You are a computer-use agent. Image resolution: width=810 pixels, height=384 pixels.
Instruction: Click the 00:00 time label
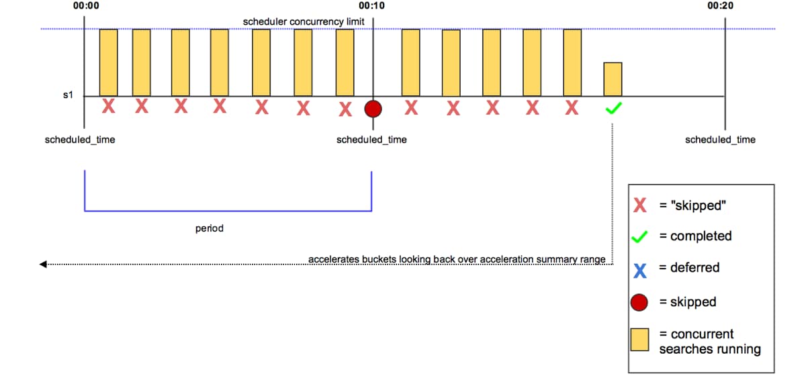point(85,5)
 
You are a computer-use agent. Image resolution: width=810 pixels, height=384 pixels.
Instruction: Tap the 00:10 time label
point(372,5)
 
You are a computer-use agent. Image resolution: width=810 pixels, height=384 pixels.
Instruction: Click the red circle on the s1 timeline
point(373,109)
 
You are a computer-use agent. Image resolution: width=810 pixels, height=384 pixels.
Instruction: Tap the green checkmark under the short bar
point(613,109)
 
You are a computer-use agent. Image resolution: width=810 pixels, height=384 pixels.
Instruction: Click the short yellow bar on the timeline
point(613,79)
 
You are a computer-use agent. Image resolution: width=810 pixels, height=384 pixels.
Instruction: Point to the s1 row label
point(67,96)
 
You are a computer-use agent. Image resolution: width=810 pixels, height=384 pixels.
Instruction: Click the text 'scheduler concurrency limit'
point(304,21)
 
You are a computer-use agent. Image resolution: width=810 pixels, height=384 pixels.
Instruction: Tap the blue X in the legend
point(640,269)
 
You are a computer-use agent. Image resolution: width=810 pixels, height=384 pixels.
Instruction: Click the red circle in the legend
point(640,303)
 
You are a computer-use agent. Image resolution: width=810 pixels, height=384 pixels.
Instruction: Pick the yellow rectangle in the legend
point(640,340)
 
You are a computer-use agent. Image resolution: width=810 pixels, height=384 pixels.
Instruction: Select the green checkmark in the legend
point(640,236)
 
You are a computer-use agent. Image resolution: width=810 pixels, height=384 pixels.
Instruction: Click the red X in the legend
point(640,205)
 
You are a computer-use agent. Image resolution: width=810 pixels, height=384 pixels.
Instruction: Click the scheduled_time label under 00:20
point(720,140)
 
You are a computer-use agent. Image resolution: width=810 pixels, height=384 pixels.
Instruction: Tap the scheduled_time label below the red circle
point(371,140)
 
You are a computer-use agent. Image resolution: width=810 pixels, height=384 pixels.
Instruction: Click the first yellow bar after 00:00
point(108,62)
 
